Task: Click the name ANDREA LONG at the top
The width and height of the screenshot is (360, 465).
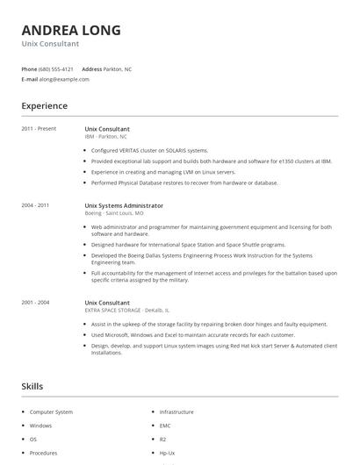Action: (x=71, y=30)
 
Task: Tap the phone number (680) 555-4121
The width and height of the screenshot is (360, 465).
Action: (x=57, y=68)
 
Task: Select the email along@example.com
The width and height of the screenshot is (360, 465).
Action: (x=64, y=79)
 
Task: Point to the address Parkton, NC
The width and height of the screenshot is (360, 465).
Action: (x=118, y=68)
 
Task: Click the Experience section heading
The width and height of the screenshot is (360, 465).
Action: (x=44, y=106)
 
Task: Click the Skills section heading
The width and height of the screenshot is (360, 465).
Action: (x=32, y=386)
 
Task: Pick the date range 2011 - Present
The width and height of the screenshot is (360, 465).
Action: (x=39, y=129)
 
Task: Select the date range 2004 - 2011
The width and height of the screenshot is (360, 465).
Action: (x=35, y=205)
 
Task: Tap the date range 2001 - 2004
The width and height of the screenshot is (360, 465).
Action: (x=35, y=303)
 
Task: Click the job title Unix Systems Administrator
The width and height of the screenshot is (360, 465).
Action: (x=124, y=205)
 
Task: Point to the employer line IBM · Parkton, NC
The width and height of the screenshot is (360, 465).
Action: (x=106, y=137)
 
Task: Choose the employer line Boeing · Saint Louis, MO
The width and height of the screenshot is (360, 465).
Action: (x=114, y=213)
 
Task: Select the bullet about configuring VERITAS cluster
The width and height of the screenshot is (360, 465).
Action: (x=149, y=150)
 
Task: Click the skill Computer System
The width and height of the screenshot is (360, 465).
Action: (x=51, y=411)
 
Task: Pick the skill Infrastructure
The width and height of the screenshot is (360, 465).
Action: (x=176, y=411)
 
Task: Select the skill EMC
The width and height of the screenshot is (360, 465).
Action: (x=164, y=426)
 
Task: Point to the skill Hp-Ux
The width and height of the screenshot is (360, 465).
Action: (x=167, y=453)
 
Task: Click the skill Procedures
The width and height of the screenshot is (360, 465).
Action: (x=44, y=453)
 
